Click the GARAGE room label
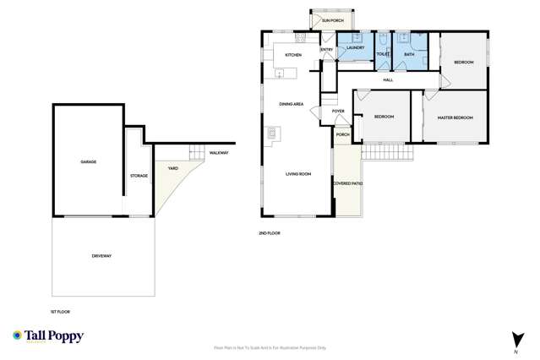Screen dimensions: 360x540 point(87,161)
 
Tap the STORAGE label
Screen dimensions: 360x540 point(139,176)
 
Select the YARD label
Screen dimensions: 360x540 point(172,167)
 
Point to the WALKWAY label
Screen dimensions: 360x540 point(218,153)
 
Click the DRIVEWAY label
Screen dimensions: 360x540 point(102,255)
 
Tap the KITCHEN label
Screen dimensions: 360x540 point(293,55)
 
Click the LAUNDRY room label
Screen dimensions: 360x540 point(354,49)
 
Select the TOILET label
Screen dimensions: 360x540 point(382,55)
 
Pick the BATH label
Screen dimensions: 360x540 point(409,55)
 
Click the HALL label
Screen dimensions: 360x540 point(388,79)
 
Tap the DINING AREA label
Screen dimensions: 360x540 point(292,105)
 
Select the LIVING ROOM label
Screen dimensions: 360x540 point(299,174)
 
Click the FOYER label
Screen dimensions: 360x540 point(338,112)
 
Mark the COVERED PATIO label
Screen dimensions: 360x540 point(346,183)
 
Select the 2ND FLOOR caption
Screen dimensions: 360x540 point(270,233)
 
